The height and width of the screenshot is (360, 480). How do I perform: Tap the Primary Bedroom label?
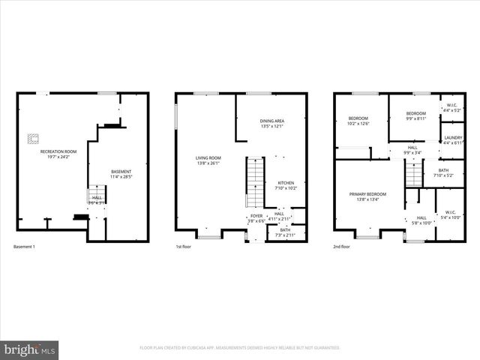pos(367,196)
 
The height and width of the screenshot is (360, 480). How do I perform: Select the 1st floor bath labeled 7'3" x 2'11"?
pos(285,232)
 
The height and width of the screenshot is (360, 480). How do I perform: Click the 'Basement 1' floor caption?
pos(25,247)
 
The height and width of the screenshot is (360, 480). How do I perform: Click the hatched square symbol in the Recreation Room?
pos(33,137)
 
